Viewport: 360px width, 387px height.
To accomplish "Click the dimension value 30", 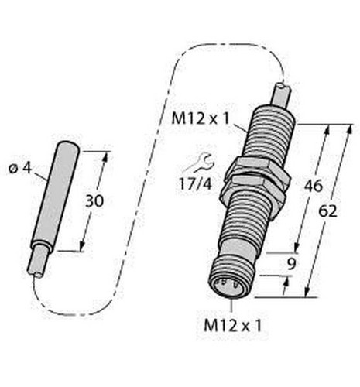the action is point(94,201).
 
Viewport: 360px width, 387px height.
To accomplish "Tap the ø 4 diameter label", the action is point(20,169).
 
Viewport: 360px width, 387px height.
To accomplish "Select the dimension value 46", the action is point(314,186).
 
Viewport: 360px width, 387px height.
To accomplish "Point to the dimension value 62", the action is point(327,211).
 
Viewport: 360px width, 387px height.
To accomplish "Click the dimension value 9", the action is point(291,264).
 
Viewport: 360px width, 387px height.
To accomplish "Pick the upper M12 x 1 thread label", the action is point(201,119).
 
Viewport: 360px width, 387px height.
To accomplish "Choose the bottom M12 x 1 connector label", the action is point(233,326).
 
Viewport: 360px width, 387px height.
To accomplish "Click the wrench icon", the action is point(199,163).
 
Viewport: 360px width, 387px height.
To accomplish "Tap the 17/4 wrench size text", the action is point(196,184).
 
